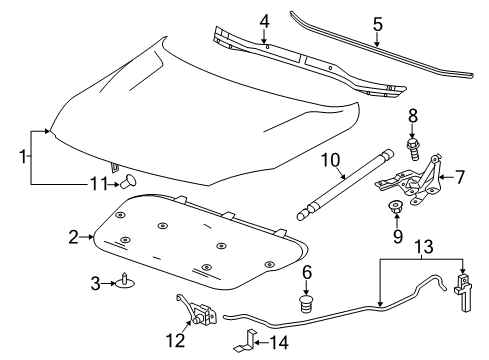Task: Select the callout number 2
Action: [72, 237]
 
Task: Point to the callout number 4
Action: [263, 20]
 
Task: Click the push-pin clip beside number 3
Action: [125, 282]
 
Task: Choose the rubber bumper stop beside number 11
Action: [130, 182]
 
